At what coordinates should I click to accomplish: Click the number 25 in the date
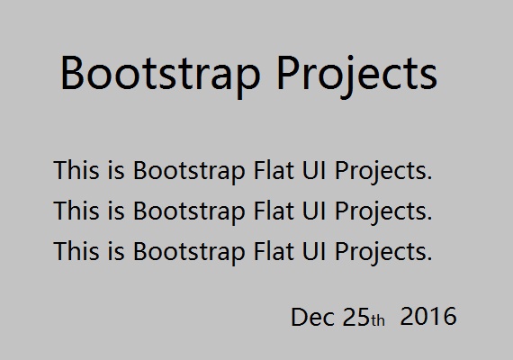point(355,318)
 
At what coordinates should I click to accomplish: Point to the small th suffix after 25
point(378,320)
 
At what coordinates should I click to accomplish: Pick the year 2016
point(427,318)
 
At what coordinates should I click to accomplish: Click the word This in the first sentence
point(75,170)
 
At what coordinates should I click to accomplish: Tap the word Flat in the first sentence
point(263,170)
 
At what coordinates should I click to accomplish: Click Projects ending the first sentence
point(382,171)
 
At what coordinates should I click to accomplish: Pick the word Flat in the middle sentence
point(263,211)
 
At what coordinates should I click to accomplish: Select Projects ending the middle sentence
point(382,212)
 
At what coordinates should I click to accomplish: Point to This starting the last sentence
point(75,251)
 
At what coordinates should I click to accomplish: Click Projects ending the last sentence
point(382,252)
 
